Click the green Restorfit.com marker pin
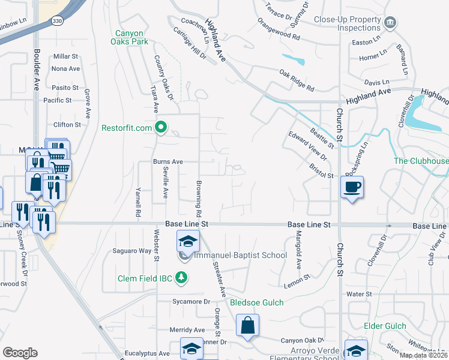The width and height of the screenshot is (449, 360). click(x=161, y=127)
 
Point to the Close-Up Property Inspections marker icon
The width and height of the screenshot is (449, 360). click(x=390, y=23)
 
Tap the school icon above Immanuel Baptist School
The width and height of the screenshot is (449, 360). click(x=188, y=242)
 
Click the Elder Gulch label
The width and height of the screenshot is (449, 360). click(x=385, y=326)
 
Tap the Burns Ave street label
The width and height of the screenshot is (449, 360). click(x=167, y=162)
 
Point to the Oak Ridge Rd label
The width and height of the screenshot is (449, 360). click(x=297, y=80)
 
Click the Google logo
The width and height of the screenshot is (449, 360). click(x=20, y=353)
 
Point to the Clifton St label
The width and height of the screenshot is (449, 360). click(x=67, y=125)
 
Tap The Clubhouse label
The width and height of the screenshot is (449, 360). click(x=421, y=161)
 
